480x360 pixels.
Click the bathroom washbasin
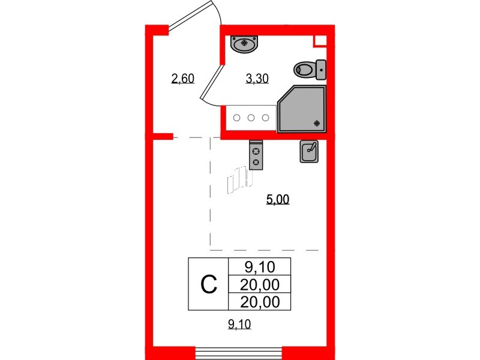(x=245, y=43)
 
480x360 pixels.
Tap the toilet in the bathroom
(x=305, y=70)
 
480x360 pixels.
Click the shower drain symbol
(x=318, y=124)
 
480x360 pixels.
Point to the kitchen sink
(x=308, y=152)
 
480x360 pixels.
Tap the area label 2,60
(x=182, y=79)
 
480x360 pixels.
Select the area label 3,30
(x=256, y=79)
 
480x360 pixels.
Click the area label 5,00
(x=278, y=200)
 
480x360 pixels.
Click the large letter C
(x=208, y=284)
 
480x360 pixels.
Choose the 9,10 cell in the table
(x=259, y=266)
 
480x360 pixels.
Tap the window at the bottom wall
(x=239, y=352)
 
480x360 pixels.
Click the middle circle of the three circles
(x=251, y=118)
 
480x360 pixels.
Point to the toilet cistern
(x=321, y=70)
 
